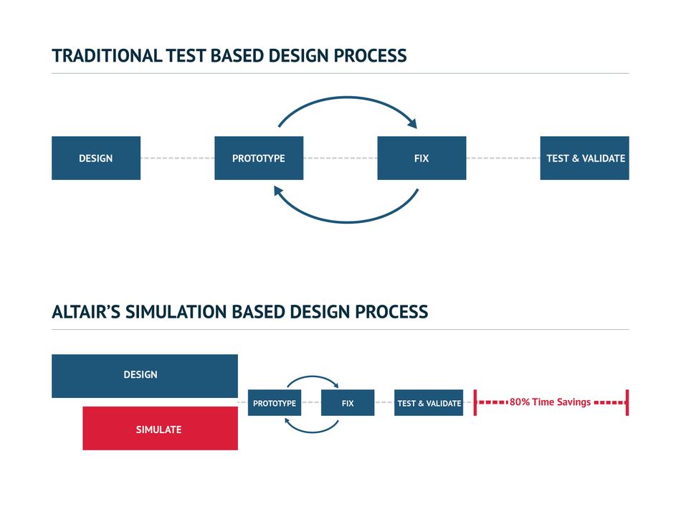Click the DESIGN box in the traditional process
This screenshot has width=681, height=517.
[96, 158]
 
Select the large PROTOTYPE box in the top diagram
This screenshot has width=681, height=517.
[259, 158]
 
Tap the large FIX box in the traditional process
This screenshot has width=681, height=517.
[422, 158]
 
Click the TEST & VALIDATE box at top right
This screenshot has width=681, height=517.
[584, 158]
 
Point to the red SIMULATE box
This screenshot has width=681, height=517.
[161, 428]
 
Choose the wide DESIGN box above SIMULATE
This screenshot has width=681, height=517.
[145, 376]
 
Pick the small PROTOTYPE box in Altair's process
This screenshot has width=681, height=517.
[275, 403]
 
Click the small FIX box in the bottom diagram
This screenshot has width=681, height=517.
[348, 403]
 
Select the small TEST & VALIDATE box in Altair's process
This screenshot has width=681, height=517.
[429, 403]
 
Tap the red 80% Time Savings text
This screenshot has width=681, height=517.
[550, 402]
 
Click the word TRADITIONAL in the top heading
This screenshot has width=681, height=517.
[107, 56]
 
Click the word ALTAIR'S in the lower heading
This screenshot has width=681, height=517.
[86, 312]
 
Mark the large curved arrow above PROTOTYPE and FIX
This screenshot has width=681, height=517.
[348, 98]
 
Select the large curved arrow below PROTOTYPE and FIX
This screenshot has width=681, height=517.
[348, 222]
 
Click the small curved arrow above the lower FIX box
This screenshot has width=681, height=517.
[313, 376]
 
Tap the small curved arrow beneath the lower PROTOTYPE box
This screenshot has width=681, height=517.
[312, 432]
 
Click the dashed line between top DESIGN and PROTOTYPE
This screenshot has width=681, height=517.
[178, 158]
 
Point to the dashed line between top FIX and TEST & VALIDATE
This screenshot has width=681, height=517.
[503, 158]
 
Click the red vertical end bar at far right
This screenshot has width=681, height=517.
[627, 403]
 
